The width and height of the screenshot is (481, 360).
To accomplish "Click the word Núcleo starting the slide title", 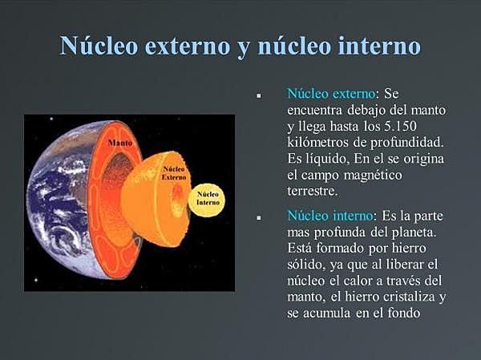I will pos(101,45).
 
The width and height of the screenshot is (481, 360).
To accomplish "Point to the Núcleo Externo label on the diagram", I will pos(174,172).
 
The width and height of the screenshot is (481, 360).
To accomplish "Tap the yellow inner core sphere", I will pos(208,198).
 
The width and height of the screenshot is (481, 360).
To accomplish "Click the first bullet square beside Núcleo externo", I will pos(260,95).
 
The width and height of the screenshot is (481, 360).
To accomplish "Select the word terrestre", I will pos(313,191).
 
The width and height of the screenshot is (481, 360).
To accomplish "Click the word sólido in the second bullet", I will pos(307,264).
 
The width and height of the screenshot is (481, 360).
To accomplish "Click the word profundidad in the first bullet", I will pos(405,141).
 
